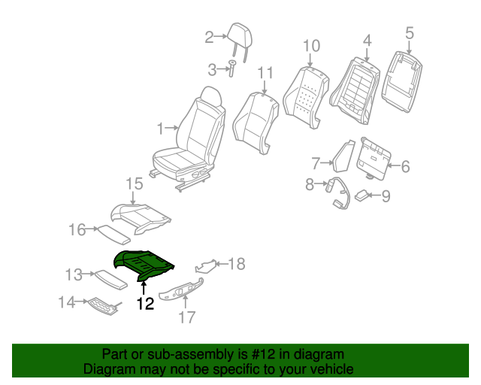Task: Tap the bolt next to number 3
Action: tap(231, 69)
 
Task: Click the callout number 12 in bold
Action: tap(144, 304)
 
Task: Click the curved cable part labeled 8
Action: tap(336, 193)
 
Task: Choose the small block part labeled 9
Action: tap(363, 196)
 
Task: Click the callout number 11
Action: tap(265, 72)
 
